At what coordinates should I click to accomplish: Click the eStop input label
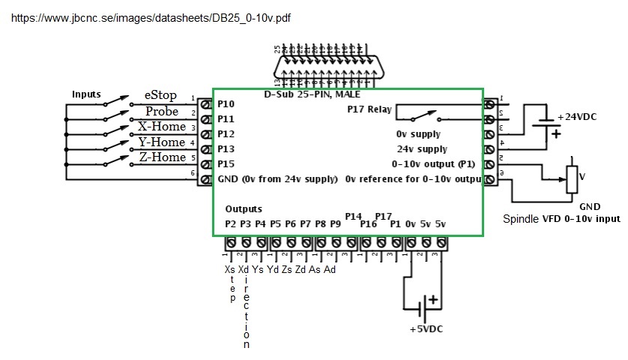160,96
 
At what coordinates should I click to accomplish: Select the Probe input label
162,112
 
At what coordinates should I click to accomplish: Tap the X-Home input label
162,127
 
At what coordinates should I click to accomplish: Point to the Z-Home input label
162,157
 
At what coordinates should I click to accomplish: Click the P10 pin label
226,103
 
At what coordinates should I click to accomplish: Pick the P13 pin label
226,148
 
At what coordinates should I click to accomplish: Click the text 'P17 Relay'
369,109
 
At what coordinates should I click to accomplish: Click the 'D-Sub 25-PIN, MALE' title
312,94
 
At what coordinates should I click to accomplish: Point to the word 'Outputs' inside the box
244,209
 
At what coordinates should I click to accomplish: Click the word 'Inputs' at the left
86,94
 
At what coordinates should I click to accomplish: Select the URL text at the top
151,17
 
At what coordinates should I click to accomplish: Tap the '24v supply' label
422,149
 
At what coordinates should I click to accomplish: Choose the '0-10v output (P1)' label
433,163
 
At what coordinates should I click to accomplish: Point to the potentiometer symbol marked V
571,178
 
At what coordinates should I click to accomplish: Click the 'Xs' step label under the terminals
229,269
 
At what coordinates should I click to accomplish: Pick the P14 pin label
354,216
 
